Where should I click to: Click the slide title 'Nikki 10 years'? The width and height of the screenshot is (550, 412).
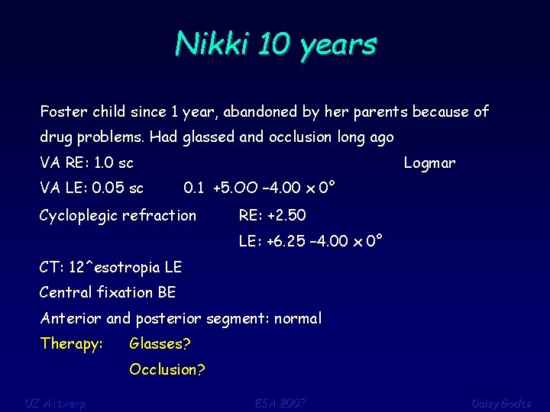[275, 44]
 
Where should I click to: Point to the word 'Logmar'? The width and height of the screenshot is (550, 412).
[429, 163]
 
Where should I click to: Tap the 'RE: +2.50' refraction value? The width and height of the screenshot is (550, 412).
[272, 216]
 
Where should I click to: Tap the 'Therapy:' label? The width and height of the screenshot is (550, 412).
[71, 344]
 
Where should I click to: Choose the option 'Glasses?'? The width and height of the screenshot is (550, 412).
[160, 344]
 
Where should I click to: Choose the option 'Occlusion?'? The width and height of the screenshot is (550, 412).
[167, 370]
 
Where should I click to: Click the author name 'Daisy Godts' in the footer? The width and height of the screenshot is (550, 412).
[500, 402]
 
